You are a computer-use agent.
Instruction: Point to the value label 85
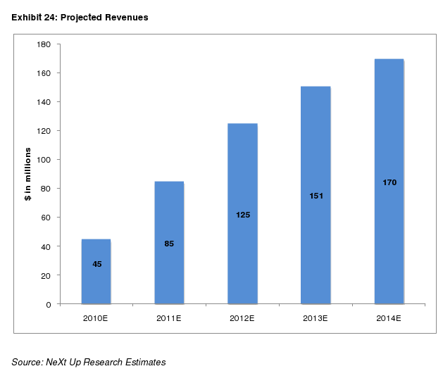point(169,244)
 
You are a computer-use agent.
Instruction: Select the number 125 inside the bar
point(242,215)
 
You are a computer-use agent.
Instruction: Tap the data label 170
point(389,182)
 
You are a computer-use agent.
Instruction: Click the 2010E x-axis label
point(96,318)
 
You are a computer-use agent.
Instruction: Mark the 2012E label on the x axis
point(242,318)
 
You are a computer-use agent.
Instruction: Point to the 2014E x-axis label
point(389,318)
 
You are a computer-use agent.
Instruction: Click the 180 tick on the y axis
point(44,44)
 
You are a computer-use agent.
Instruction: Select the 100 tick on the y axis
point(44,160)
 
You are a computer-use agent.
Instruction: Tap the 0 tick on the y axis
point(48,304)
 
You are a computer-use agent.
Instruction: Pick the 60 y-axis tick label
point(46,218)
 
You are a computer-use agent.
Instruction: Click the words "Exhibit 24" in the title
point(33,17)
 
